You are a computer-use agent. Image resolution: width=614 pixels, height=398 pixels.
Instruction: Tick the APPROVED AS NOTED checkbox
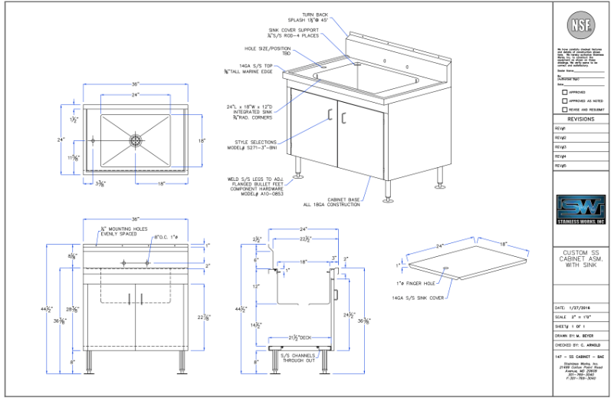(x=565, y=100)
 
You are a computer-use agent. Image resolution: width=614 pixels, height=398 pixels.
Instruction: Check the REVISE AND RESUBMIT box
(x=565, y=109)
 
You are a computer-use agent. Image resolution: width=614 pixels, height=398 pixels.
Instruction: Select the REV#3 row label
(x=560, y=146)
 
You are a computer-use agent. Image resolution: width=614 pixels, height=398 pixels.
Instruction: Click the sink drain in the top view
(x=136, y=140)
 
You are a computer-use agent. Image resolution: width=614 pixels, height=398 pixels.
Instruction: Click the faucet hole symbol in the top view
(x=93, y=140)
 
